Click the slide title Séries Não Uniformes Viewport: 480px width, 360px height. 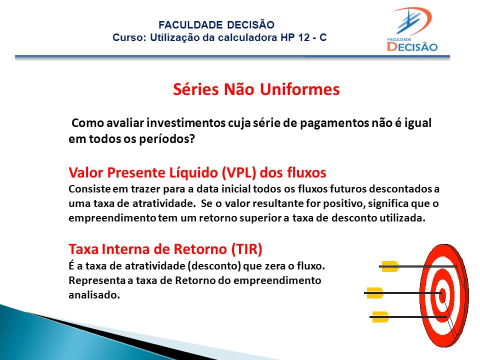[256, 89]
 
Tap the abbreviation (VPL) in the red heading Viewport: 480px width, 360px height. [239, 172]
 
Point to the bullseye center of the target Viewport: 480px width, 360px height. [442, 293]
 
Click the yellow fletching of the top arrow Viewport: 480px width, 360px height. [389, 266]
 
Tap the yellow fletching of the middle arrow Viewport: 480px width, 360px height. [374, 293]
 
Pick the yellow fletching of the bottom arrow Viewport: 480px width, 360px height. [379, 317]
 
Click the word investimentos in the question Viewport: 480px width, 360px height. [186, 123]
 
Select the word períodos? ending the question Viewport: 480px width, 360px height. [167, 139]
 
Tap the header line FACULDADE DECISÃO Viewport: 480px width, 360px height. [216, 25]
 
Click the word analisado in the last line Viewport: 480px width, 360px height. [94, 295]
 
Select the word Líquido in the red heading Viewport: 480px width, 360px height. [193, 172]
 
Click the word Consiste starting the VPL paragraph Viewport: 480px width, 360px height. [89, 189]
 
